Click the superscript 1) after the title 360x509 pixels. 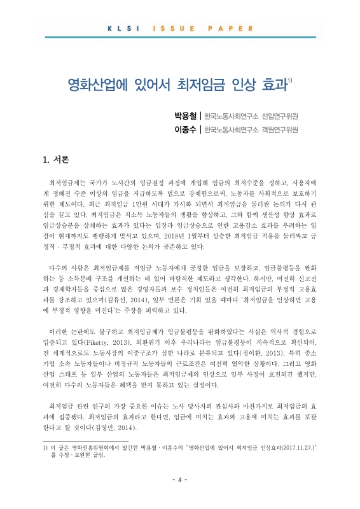(290, 80)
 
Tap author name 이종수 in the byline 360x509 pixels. (182, 130)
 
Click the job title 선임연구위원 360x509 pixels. (280, 116)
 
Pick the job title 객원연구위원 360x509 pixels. (280, 130)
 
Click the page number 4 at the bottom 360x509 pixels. (180, 480)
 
